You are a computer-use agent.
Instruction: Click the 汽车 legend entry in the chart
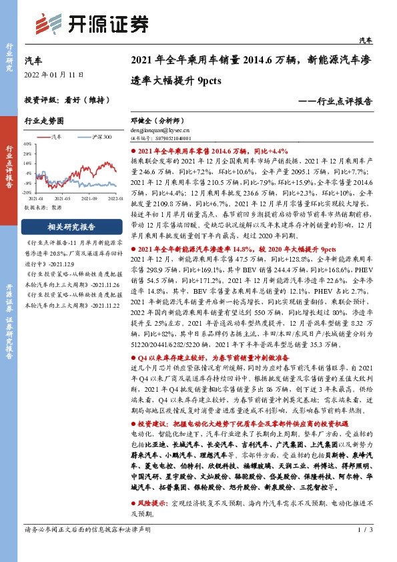coord(57,137)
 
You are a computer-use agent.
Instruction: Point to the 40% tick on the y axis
coord(27,144)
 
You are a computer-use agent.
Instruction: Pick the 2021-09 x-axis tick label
coord(91,199)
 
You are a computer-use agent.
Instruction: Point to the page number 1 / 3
coord(364,549)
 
